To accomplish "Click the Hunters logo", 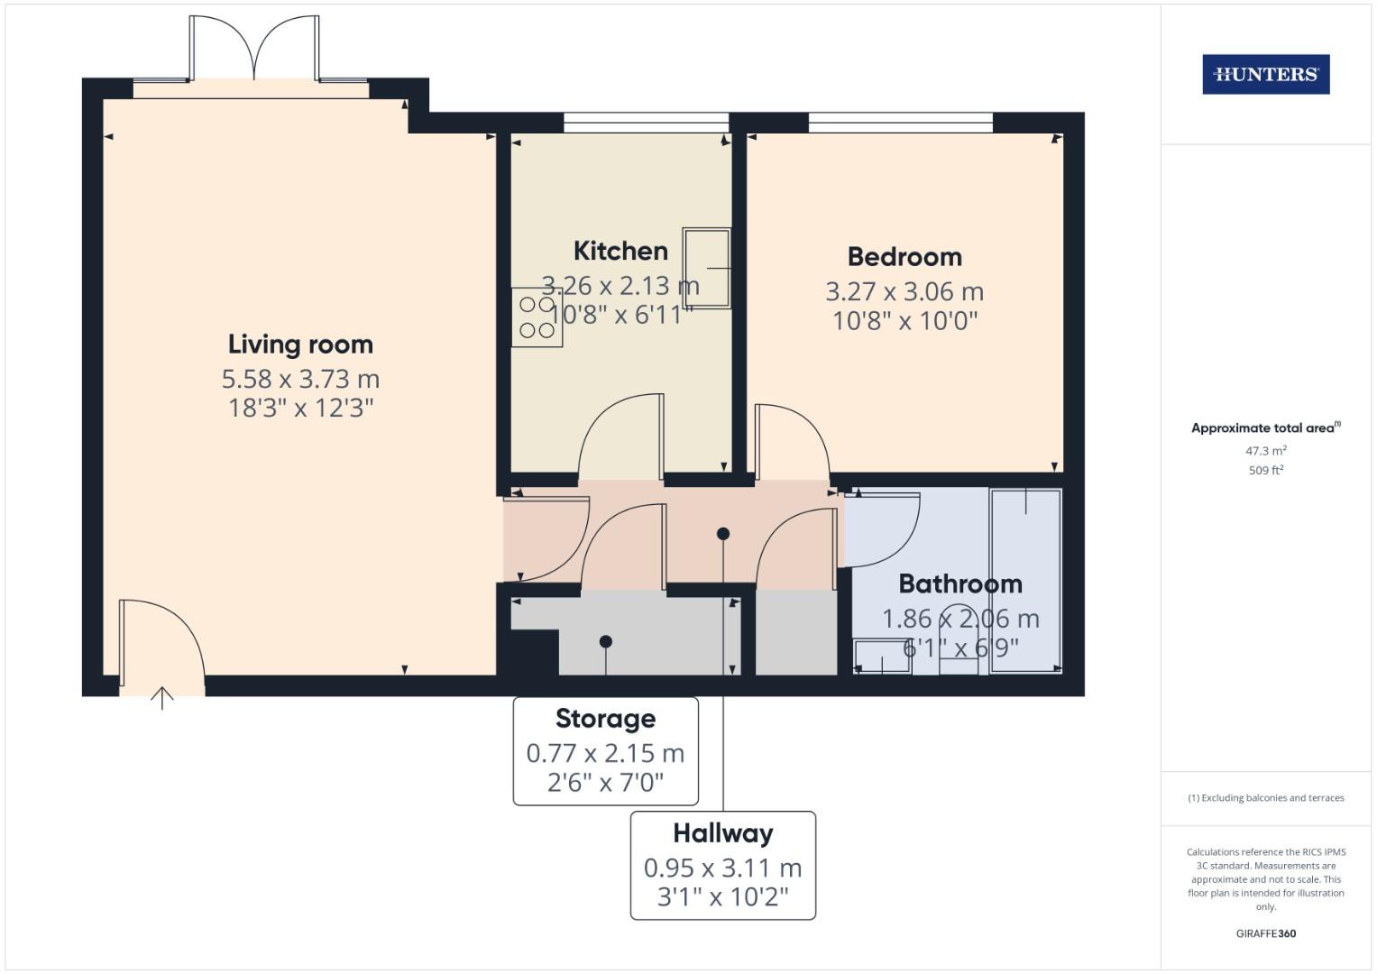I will [1265, 74].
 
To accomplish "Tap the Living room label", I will [300, 345].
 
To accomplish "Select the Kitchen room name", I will [620, 251].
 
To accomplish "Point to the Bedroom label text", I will [904, 257].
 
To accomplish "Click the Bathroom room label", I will [960, 584].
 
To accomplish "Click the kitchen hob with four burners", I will [537, 317].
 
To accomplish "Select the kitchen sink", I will [706, 268].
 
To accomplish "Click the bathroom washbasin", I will [882, 656].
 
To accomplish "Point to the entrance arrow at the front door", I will [161, 697].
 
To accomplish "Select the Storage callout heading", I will [605, 719].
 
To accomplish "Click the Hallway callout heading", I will [722, 833].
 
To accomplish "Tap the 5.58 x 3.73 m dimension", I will [300, 379].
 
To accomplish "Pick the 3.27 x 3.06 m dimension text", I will [904, 292].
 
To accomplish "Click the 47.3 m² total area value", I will [1265, 451].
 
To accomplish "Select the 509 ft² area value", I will [1265, 470].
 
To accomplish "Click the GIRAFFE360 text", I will [1265, 933].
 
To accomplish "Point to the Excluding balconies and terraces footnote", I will [1265, 798].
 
